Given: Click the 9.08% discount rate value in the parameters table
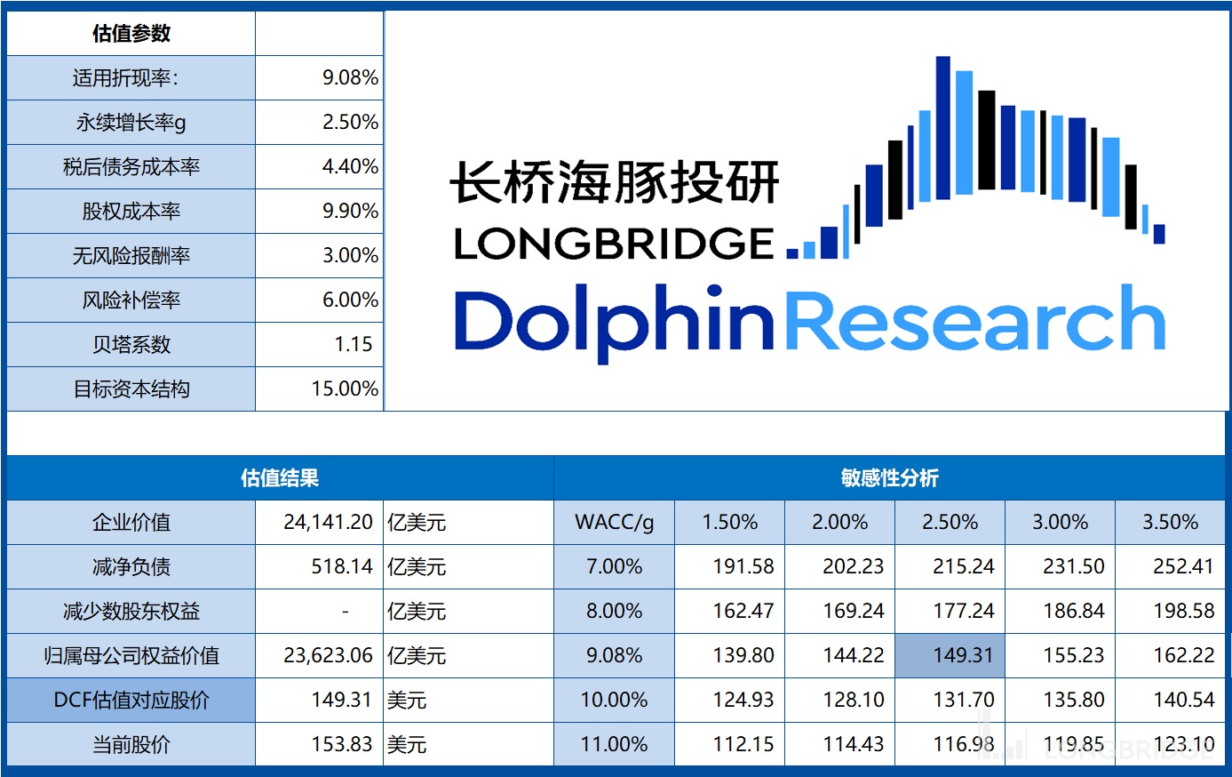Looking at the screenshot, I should click(350, 78).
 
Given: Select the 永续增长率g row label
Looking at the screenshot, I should click(131, 123).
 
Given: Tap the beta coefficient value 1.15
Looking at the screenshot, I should click(353, 345).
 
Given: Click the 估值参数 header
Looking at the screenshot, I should click(131, 34).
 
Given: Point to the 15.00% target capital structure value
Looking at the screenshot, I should click(345, 389).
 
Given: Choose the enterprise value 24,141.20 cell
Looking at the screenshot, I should click(328, 523).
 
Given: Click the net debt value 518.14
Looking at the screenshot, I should click(341, 567).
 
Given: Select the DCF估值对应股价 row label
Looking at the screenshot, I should click(131, 701).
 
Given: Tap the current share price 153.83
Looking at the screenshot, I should click(341, 745).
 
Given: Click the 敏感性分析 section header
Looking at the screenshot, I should click(889, 478).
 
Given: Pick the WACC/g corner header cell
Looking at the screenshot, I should click(614, 523).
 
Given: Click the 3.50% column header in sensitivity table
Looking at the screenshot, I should click(1170, 523).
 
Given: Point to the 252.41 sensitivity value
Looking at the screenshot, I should click(1183, 567).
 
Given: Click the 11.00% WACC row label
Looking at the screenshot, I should click(614, 745).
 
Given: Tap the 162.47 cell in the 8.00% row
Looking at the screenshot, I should click(743, 612).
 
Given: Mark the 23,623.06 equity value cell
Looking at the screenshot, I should click(328, 656).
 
